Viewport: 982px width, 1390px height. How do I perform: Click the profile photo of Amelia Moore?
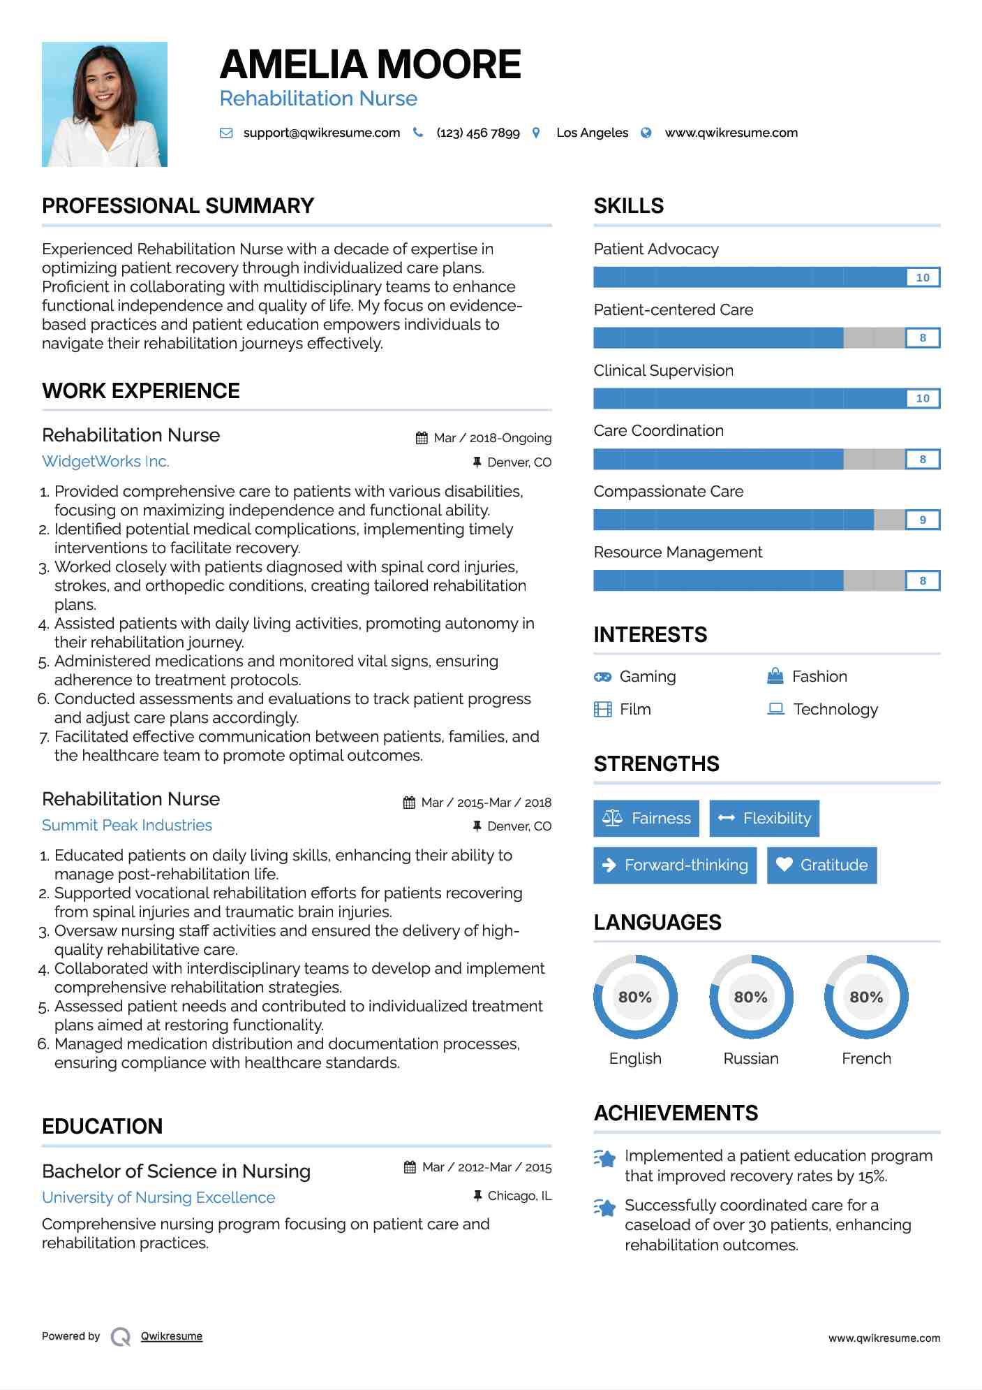(105, 104)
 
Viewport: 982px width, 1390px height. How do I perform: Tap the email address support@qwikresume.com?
(321, 133)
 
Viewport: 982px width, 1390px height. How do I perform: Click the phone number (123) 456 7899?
(478, 133)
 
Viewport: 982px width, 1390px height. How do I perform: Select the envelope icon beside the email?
(226, 133)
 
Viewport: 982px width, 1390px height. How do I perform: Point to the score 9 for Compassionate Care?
(923, 520)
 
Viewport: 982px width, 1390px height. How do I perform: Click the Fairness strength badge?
(646, 818)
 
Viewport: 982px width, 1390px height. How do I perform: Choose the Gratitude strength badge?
(821, 865)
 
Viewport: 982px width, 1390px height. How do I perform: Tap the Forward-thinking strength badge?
(675, 865)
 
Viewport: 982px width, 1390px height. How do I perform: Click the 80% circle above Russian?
(751, 997)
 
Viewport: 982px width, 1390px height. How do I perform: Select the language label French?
(866, 1058)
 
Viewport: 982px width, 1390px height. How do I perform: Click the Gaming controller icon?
(602, 677)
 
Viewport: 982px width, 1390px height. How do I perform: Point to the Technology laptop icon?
(775, 709)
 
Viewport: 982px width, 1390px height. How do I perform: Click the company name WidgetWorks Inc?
(105, 461)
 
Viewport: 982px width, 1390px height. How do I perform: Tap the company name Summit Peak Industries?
(127, 825)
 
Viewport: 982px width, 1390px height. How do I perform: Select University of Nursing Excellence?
(158, 1197)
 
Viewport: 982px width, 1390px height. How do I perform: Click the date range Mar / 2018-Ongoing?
(492, 438)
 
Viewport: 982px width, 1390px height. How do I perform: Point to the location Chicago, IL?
(519, 1196)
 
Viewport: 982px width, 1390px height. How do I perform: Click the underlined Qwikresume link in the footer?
(172, 1336)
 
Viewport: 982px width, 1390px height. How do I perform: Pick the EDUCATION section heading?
(102, 1126)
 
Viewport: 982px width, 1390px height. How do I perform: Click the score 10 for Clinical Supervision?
(923, 398)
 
